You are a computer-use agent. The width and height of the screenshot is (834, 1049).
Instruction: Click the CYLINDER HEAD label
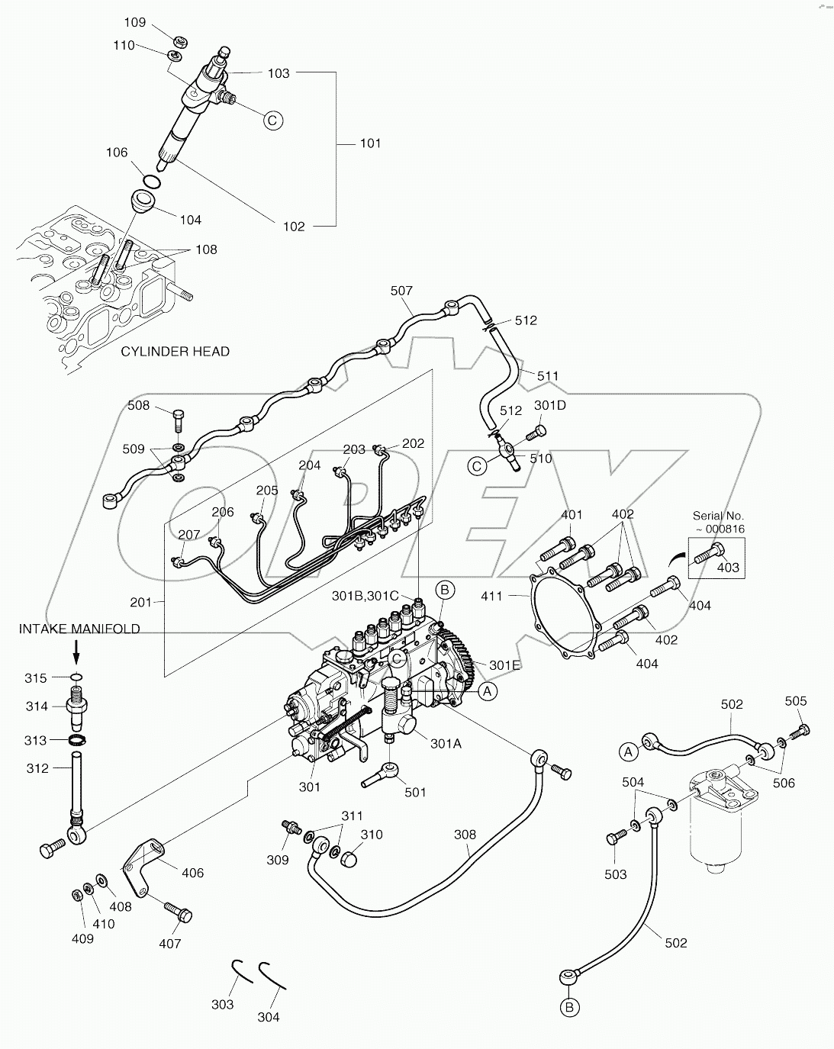tap(175, 352)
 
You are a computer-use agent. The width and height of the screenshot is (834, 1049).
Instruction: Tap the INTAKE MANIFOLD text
tap(79, 629)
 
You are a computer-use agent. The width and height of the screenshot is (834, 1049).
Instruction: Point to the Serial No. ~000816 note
tap(718, 523)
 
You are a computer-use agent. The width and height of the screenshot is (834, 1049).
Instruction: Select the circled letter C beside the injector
tap(273, 120)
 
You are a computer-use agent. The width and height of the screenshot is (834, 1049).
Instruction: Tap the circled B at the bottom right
tap(569, 1008)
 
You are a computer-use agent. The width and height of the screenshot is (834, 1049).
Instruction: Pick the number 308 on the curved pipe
tap(465, 835)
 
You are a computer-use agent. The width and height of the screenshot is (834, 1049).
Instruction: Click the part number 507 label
tap(401, 291)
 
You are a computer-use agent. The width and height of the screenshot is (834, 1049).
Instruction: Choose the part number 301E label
tap(504, 665)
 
